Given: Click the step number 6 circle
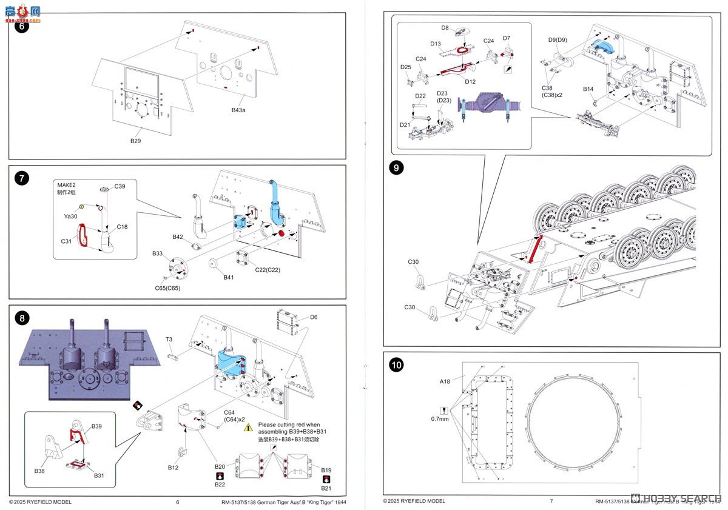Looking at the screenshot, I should (22, 26).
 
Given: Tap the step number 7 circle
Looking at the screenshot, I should (22, 178).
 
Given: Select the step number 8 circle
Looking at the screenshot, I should (22, 318).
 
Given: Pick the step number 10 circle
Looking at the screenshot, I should (396, 365).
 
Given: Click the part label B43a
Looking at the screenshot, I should (240, 110).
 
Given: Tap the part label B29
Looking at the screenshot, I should (135, 141).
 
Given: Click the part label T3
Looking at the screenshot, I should (170, 340).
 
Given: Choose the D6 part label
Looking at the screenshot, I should (314, 317).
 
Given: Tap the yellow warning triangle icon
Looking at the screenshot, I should (248, 428).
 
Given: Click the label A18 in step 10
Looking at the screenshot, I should (445, 381).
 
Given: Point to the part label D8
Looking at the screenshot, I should (445, 28).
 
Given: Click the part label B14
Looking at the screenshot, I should (588, 89).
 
